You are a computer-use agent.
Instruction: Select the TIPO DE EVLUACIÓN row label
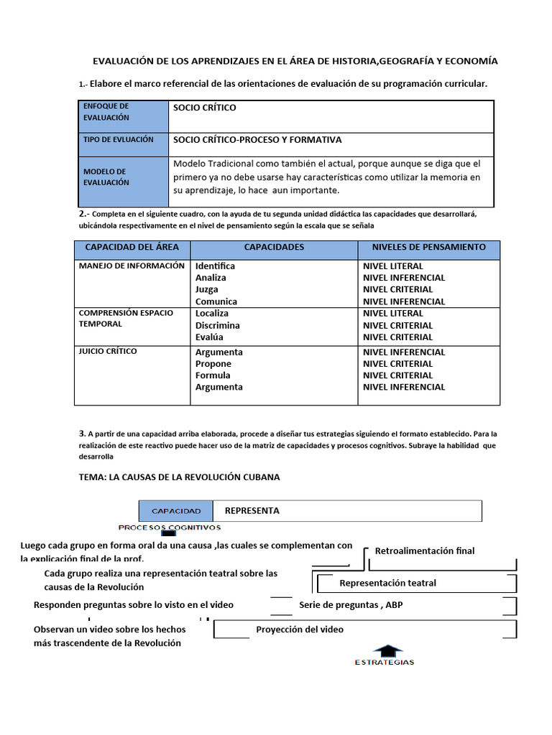[119, 139]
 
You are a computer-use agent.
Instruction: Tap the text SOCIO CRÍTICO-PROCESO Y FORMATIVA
[257, 139]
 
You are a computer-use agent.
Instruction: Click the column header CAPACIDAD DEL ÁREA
[132, 247]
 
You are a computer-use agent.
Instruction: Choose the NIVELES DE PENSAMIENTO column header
[428, 247]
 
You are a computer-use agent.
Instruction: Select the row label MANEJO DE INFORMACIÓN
[132, 266]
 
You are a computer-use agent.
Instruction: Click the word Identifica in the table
[215, 266]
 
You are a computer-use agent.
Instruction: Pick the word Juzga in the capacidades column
[207, 290]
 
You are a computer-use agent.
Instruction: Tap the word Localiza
[212, 314]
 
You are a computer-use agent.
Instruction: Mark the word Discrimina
[218, 325]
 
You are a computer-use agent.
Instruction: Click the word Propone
[213, 364]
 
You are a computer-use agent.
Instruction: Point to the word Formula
[213, 375]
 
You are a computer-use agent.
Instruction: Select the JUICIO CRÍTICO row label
[108, 352]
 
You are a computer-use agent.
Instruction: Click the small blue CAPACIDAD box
[176, 511]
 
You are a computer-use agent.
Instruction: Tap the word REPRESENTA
[252, 511]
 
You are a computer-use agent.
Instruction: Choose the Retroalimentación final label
[425, 551]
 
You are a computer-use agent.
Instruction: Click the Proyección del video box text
[300, 629]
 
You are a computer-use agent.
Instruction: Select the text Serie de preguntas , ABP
[351, 605]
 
